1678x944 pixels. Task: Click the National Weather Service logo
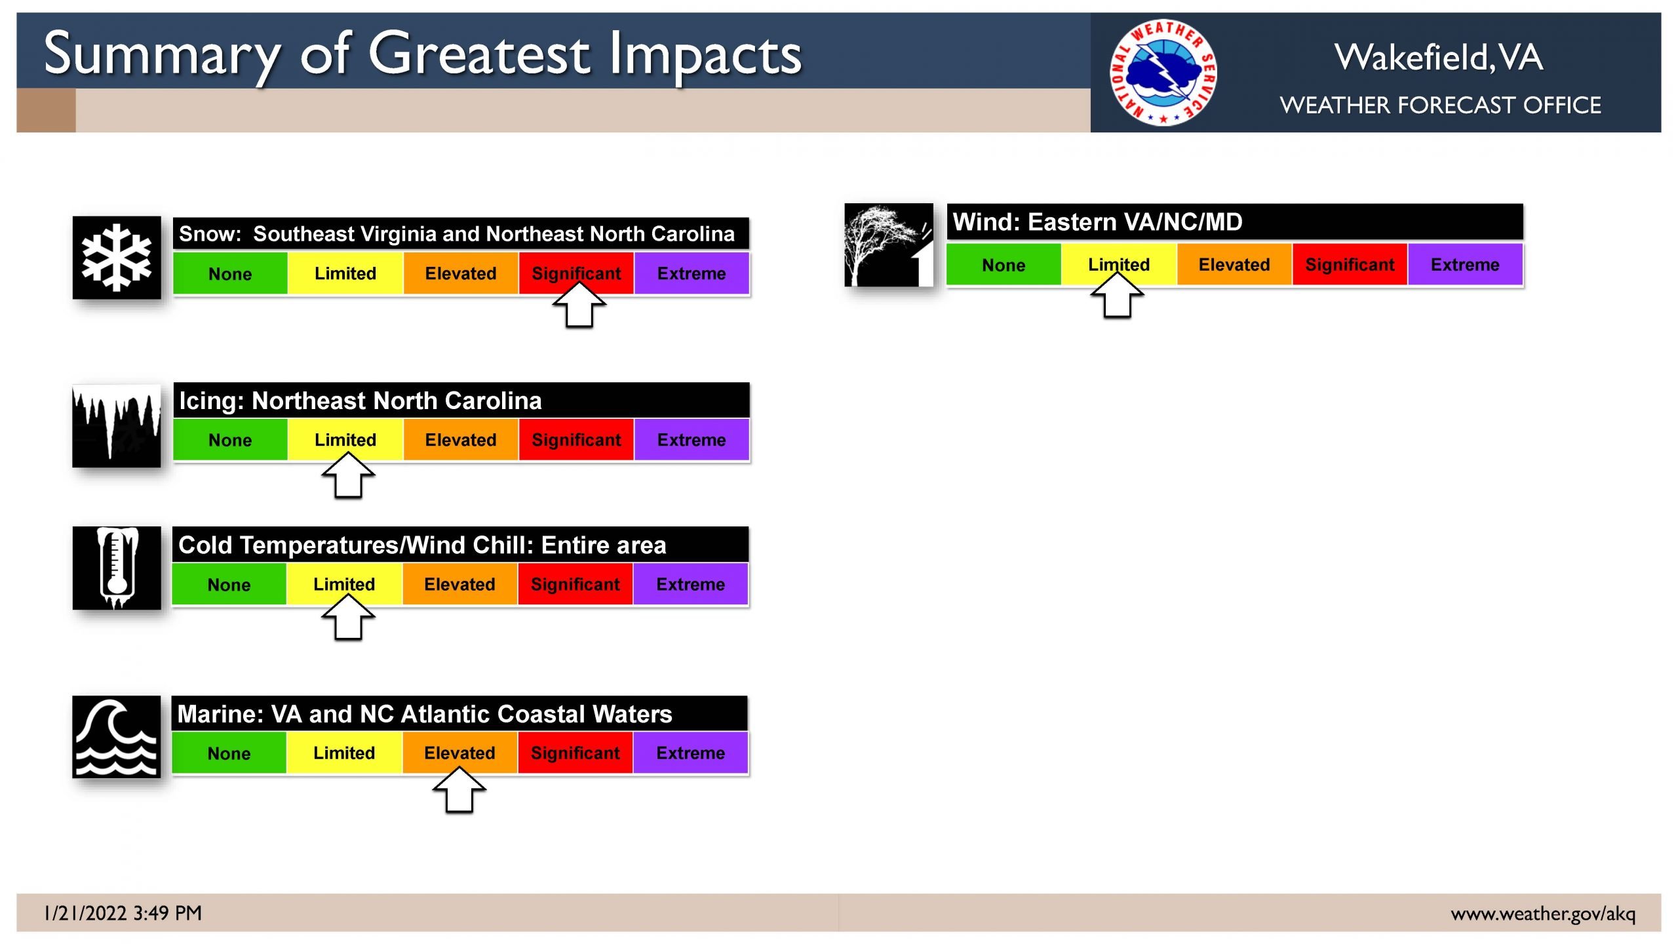click(x=1163, y=72)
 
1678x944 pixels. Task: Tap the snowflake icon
click(x=117, y=258)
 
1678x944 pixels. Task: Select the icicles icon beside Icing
click(x=117, y=426)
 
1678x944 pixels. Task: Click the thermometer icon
click(x=117, y=568)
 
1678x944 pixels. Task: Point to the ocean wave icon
click(x=117, y=737)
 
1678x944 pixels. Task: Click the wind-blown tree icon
click(x=889, y=245)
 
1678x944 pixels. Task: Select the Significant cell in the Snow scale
click(x=576, y=273)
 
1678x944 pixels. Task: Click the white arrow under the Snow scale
click(x=579, y=304)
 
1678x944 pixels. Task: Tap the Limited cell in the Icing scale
click(x=345, y=440)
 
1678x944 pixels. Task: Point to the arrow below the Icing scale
click(x=348, y=475)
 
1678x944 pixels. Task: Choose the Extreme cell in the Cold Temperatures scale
click(x=691, y=584)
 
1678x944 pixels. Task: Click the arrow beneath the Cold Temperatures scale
click(x=348, y=617)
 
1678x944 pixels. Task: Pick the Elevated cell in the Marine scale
click(x=459, y=753)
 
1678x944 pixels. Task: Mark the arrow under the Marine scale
click(x=459, y=790)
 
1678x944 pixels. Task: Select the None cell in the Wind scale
click(x=1004, y=265)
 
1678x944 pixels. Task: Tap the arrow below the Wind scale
click(x=1118, y=295)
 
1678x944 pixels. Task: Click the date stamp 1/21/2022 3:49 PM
click(x=123, y=913)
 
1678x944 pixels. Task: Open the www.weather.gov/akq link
click(x=1543, y=914)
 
